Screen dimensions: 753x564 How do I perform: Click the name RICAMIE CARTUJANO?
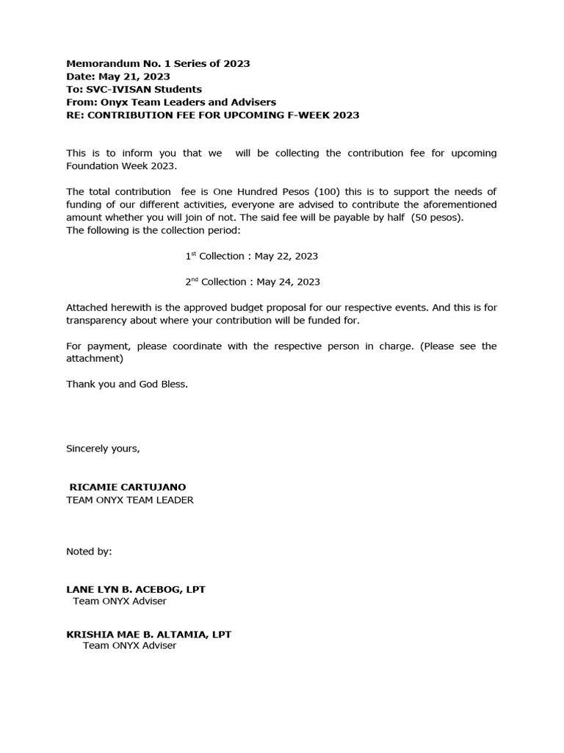pos(127,487)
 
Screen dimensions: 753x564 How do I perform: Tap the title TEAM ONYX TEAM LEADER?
pos(130,500)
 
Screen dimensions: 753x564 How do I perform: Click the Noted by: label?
pos(89,551)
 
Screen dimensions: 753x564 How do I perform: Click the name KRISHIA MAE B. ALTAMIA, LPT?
pos(148,634)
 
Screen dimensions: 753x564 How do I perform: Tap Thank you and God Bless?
pos(127,384)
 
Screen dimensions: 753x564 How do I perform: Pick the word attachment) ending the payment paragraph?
pos(95,359)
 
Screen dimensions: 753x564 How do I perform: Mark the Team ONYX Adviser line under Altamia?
pos(129,646)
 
